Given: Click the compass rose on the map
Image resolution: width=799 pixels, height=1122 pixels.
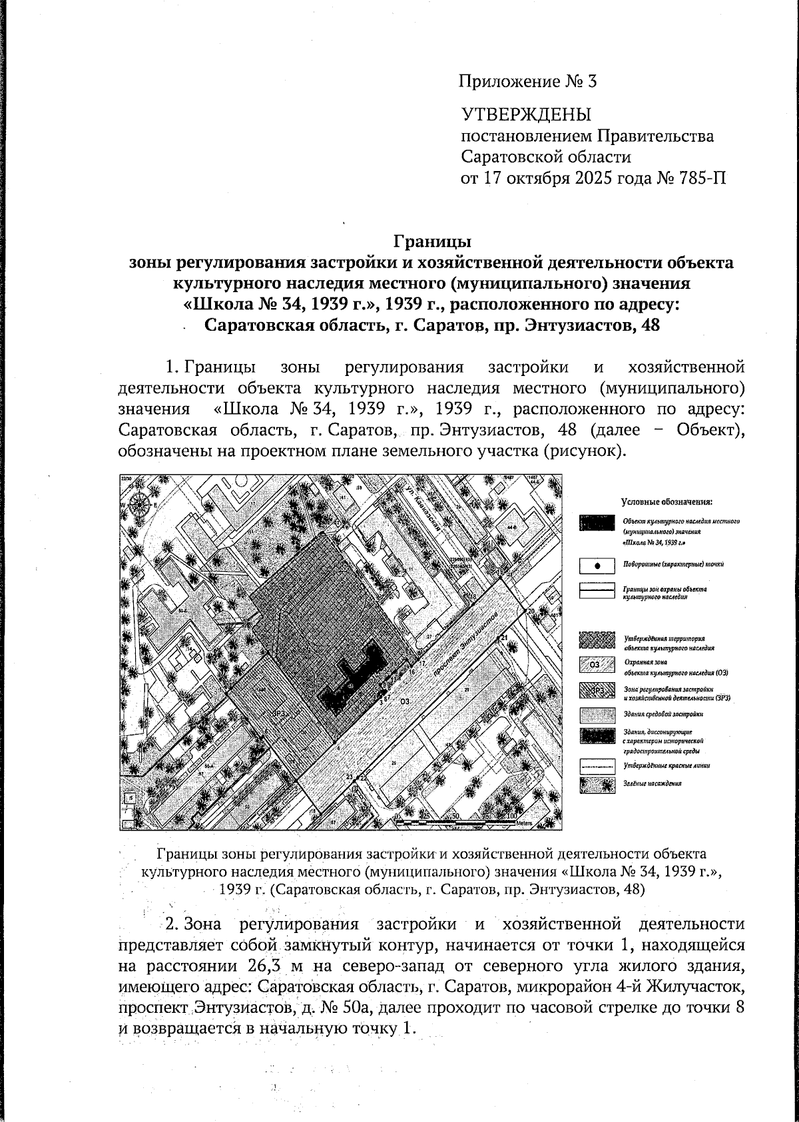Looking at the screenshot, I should tap(140, 504).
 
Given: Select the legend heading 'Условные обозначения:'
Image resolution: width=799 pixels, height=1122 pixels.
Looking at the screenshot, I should tap(666, 501).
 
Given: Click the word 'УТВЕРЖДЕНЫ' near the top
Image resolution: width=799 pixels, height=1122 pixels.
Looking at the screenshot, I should tap(526, 114).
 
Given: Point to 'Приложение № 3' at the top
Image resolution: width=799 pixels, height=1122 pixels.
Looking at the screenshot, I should tap(527, 82).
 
